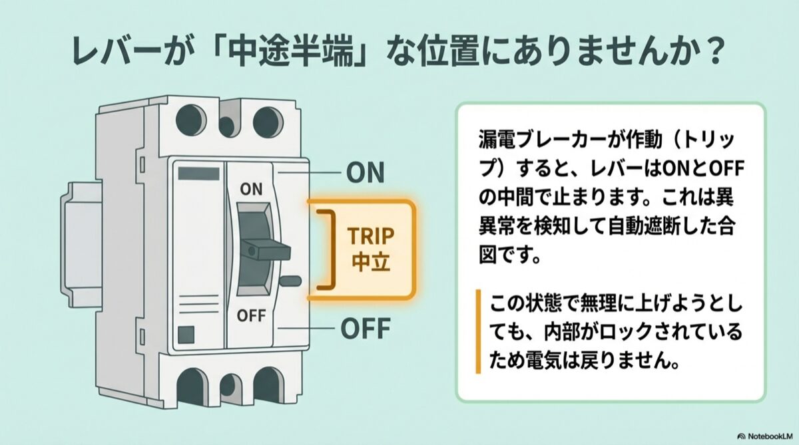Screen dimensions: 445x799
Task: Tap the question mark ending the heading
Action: pyautogui.click(x=711, y=55)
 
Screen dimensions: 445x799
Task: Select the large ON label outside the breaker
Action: pyautogui.click(x=366, y=173)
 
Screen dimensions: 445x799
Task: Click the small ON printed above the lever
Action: pyautogui.click(x=251, y=190)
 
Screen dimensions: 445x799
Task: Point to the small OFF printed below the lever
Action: pyautogui.click(x=251, y=315)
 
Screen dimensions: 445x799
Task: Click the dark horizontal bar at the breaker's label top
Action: pyautogui.click(x=199, y=174)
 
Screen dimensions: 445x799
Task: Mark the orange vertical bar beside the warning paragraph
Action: pyautogui.click(x=478, y=331)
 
